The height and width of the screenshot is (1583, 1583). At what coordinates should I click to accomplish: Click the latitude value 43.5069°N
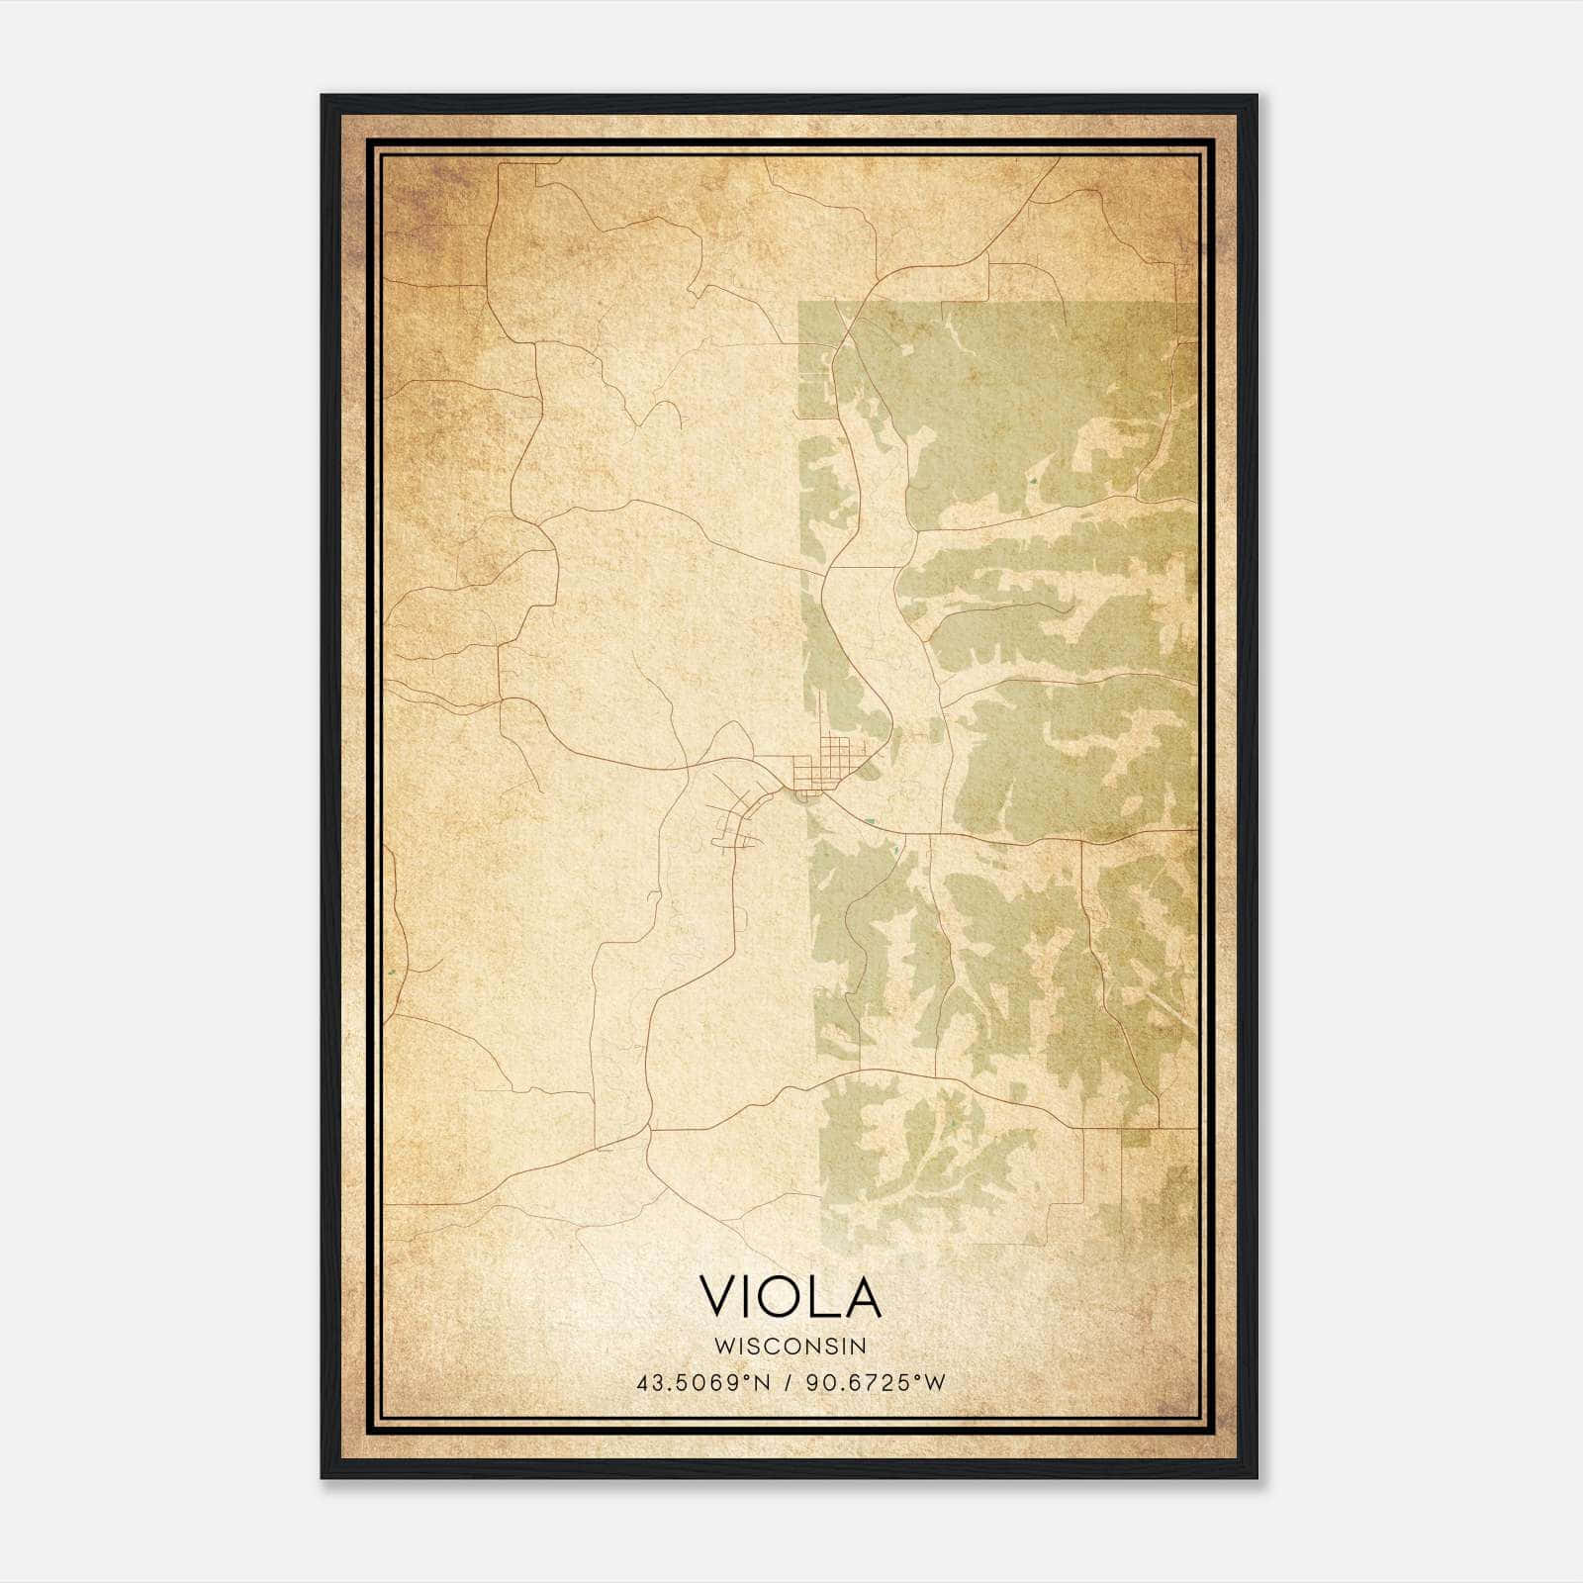click(703, 1383)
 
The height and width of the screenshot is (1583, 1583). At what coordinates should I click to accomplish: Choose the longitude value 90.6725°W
click(876, 1383)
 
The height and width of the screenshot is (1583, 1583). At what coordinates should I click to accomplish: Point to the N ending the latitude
click(763, 1383)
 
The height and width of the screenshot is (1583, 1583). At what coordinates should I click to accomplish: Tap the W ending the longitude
click(936, 1383)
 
